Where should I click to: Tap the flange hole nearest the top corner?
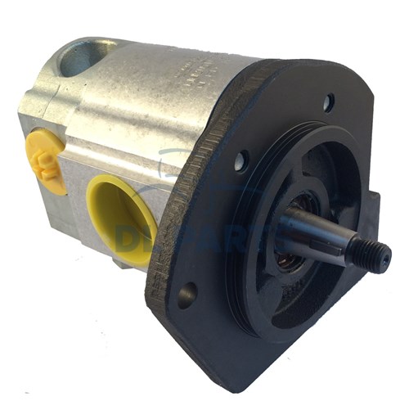[x=328, y=102]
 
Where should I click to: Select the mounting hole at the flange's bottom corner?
[x=187, y=293]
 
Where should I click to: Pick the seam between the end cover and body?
[x=65, y=123]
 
